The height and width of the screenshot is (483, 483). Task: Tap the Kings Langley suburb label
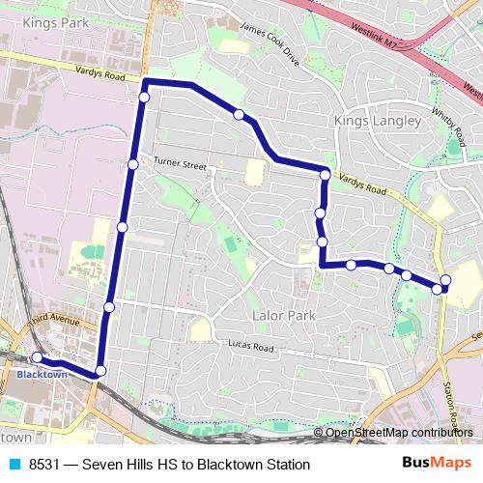[377, 121]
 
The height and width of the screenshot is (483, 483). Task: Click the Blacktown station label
[42, 374]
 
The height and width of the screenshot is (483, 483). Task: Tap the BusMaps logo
[439, 465]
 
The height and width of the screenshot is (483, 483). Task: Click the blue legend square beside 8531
[14, 465]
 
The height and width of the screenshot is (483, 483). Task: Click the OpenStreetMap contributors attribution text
[399, 432]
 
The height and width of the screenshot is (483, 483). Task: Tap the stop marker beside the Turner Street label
[133, 165]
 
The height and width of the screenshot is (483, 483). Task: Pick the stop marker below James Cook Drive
[239, 115]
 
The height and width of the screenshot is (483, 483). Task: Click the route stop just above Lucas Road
[109, 307]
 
